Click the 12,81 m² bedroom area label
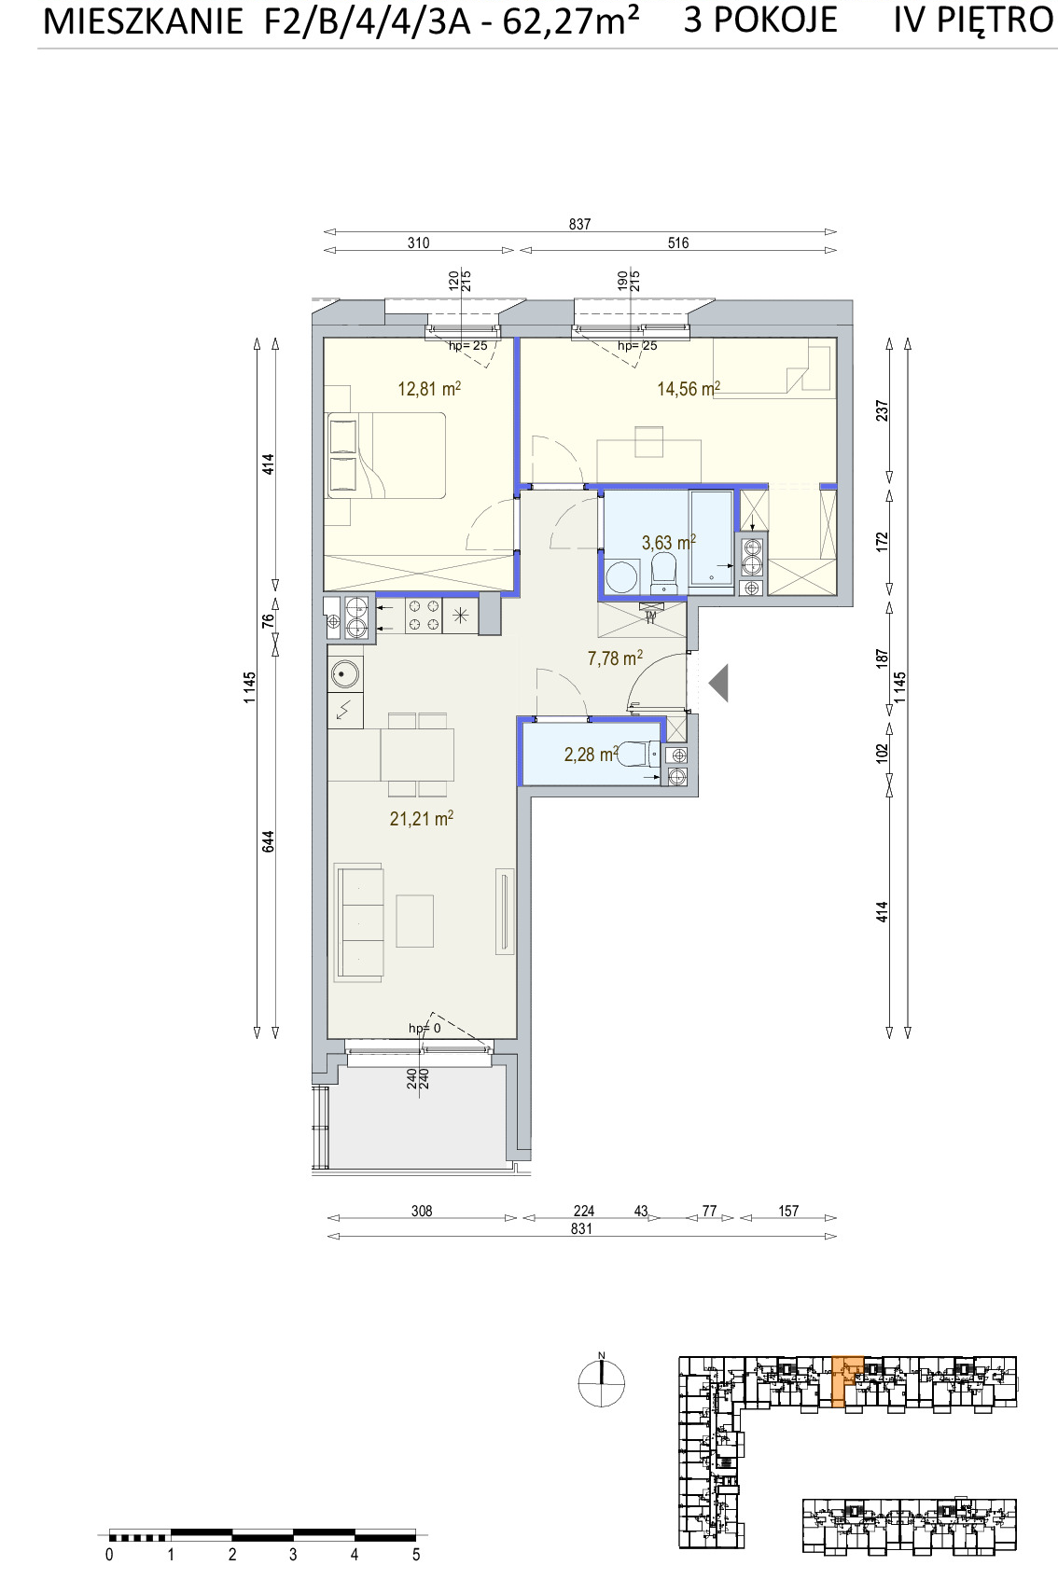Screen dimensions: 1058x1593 click(429, 389)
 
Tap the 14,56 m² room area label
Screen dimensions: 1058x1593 click(688, 389)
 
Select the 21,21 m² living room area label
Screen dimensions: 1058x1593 click(421, 819)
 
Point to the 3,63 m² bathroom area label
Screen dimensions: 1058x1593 click(668, 543)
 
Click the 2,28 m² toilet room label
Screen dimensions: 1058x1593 click(591, 754)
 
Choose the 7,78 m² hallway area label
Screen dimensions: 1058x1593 click(615, 658)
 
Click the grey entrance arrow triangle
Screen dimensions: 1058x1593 click(718, 683)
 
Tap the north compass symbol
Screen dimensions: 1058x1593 click(601, 1382)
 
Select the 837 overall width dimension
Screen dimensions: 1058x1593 click(580, 224)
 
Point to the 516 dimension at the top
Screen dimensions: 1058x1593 click(678, 243)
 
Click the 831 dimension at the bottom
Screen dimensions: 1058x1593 click(581, 1229)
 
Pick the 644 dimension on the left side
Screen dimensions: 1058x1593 click(269, 842)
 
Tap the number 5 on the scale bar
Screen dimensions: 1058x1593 click(416, 1556)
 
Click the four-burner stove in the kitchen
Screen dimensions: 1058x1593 click(424, 616)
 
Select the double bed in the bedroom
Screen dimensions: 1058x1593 click(386, 455)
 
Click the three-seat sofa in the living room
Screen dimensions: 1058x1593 click(358, 922)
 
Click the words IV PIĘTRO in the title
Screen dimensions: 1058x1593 click(973, 20)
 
